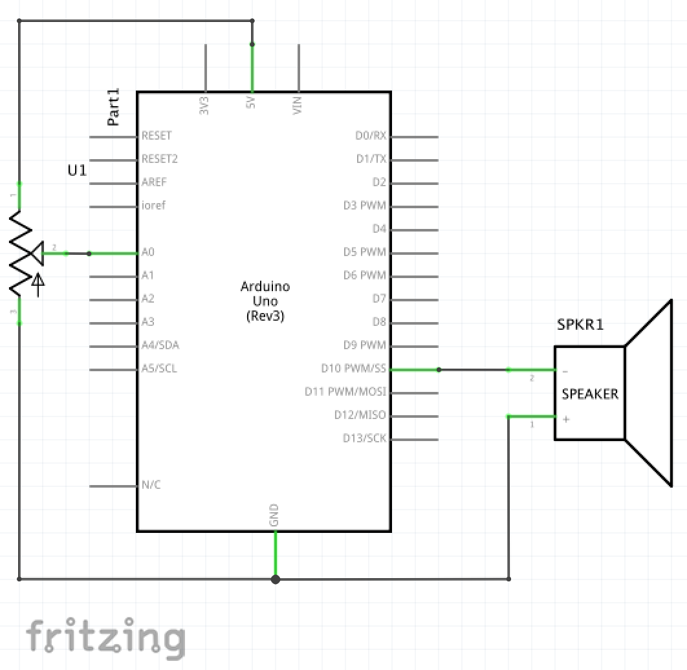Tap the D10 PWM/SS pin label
[353, 369]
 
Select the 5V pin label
[250, 103]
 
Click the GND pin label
[274, 515]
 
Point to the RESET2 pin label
[160, 159]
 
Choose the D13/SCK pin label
[364, 438]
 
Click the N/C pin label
[151, 485]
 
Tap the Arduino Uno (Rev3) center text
[265, 301]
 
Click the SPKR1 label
[580, 325]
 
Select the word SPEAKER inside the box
[590, 394]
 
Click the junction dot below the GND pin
[275, 579]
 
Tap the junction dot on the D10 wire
[439, 370]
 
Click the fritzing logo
[105, 637]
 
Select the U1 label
[77, 171]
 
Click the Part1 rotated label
[114, 107]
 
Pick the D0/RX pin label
[371, 136]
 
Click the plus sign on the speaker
[566, 419]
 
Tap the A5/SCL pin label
[159, 369]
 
